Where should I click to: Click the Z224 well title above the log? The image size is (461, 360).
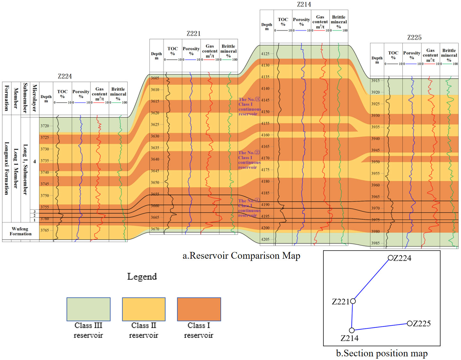65,76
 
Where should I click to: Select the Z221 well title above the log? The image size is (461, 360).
194,34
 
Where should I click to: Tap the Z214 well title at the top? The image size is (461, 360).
304,4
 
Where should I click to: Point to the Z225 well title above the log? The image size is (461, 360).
414,37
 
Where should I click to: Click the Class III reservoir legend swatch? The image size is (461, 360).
88,309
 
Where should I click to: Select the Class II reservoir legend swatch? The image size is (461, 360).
144,309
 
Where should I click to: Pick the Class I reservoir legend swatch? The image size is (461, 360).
199,309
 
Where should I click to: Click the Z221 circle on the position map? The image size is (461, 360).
353,301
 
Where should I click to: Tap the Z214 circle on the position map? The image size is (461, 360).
352,330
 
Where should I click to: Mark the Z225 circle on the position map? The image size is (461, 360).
409,323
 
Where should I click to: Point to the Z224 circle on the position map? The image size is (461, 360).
390,258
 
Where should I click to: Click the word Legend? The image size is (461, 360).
142,277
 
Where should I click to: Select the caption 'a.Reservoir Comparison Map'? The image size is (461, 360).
241,256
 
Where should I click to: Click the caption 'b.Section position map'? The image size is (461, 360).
382,353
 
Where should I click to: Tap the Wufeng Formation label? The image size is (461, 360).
20,231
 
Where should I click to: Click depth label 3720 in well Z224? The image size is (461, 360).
45,126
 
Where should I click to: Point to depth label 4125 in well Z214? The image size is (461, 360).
265,54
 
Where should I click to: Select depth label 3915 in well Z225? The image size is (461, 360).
376,81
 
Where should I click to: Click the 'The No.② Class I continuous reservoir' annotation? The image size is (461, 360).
249,160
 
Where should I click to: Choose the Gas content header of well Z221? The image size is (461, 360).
210,51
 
